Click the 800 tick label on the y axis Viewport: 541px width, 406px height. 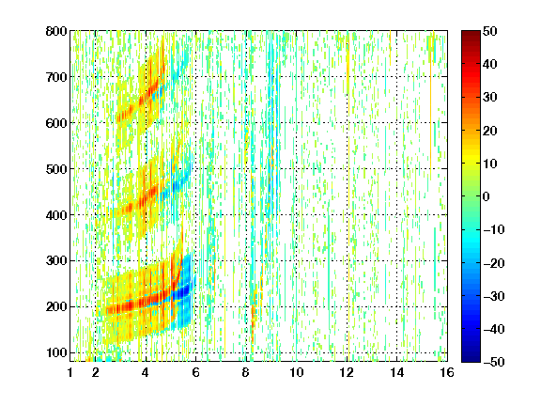point(56,31)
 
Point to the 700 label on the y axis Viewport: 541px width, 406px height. point(56,77)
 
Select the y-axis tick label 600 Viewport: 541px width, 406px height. point(56,123)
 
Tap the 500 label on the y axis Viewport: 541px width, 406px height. point(56,169)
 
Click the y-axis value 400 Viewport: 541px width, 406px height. point(56,215)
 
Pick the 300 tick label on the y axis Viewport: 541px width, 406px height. point(56,261)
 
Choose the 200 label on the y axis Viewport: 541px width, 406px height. point(56,307)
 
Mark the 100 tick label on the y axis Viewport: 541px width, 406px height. point(56,352)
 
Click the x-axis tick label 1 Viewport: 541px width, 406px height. point(70,372)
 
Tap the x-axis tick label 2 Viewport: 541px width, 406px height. point(96,372)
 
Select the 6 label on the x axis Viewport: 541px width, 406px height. point(196,372)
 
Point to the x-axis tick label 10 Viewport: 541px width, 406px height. point(297,372)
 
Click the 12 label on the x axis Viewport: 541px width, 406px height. point(347,372)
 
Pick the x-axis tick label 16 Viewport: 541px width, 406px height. point(447,372)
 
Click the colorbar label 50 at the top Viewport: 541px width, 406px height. point(489,31)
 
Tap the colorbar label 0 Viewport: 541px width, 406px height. point(487,196)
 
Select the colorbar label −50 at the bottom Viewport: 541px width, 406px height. point(494,362)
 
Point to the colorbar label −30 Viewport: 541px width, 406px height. point(494,296)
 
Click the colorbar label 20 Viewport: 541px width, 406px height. point(489,131)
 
